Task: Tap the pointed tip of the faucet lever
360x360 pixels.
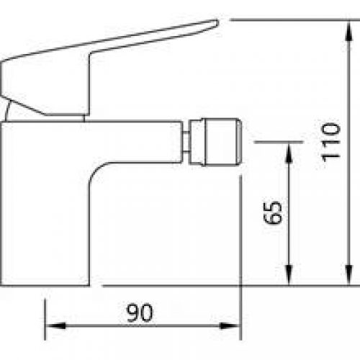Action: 215,23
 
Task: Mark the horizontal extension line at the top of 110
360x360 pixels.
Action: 288,20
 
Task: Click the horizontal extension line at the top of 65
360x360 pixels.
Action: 274,142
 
